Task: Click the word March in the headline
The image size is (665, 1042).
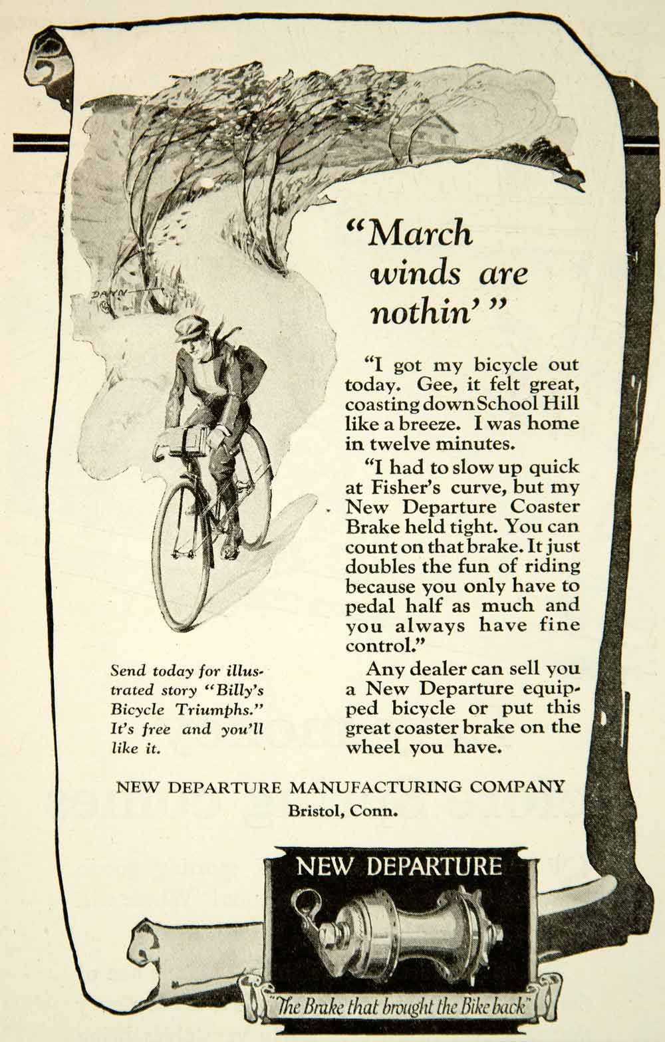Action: coord(420,233)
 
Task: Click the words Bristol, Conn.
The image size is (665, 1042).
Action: coord(342,811)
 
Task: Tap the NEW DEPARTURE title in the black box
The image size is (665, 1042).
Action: coord(398,866)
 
